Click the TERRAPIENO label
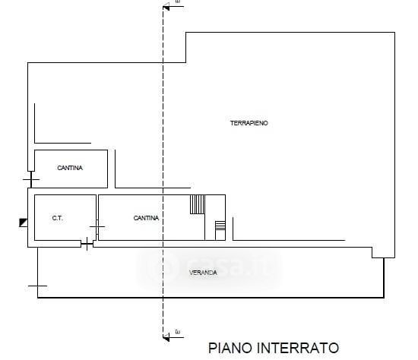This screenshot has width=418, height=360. [249, 123]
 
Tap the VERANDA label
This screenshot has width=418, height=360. [203, 273]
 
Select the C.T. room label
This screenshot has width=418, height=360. [57, 218]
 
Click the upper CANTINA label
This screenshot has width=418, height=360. [70, 168]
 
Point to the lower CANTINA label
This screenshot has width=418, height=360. [146, 218]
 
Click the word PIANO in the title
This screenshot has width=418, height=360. [230, 348]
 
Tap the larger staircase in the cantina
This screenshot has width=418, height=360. [198, 204]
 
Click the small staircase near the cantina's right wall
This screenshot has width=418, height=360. [220, 226]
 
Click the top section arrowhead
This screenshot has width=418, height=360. [166, 7]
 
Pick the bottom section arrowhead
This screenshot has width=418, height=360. [166, 338]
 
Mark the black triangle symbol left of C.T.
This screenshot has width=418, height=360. [24, 223]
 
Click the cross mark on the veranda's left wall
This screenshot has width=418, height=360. [37, 286]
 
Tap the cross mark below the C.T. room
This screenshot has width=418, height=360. [87, 244]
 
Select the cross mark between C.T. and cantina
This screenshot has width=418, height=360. [97, 227]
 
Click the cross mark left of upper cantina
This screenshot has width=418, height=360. [31, 179]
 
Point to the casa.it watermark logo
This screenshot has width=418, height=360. [209, 267]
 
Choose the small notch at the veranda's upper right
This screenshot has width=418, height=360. [378, 253]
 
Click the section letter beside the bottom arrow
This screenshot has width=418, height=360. [178, 332]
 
